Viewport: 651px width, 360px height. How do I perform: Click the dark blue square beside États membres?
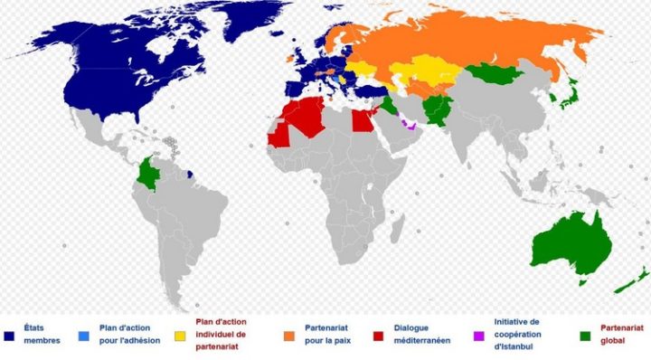8,336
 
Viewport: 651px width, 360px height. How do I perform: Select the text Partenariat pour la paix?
325,333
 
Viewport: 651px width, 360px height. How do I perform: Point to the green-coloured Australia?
571,242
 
